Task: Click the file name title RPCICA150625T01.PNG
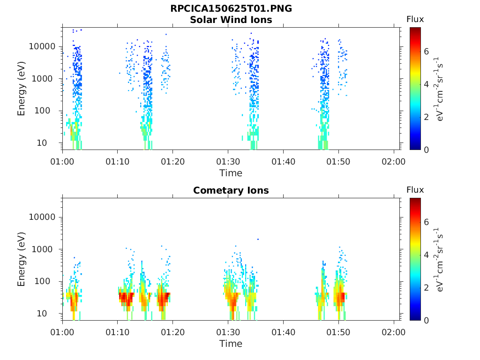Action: [231, 9]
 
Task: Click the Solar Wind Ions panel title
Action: [231, 20]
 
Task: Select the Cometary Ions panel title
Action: [231, 190]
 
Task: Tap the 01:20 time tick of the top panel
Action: [173, 162]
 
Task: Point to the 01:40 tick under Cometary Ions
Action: [283, 332]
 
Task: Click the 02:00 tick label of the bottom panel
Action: [394, 332]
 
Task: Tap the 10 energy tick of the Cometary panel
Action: [51, 313]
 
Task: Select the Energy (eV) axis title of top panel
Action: [22, 89]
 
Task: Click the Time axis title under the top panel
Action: [231, 173]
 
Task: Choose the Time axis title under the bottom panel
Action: [231, 344]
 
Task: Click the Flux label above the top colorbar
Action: [415, 19]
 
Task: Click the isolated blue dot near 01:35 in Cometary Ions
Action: [258, 239]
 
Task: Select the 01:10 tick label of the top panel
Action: [118, 162]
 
